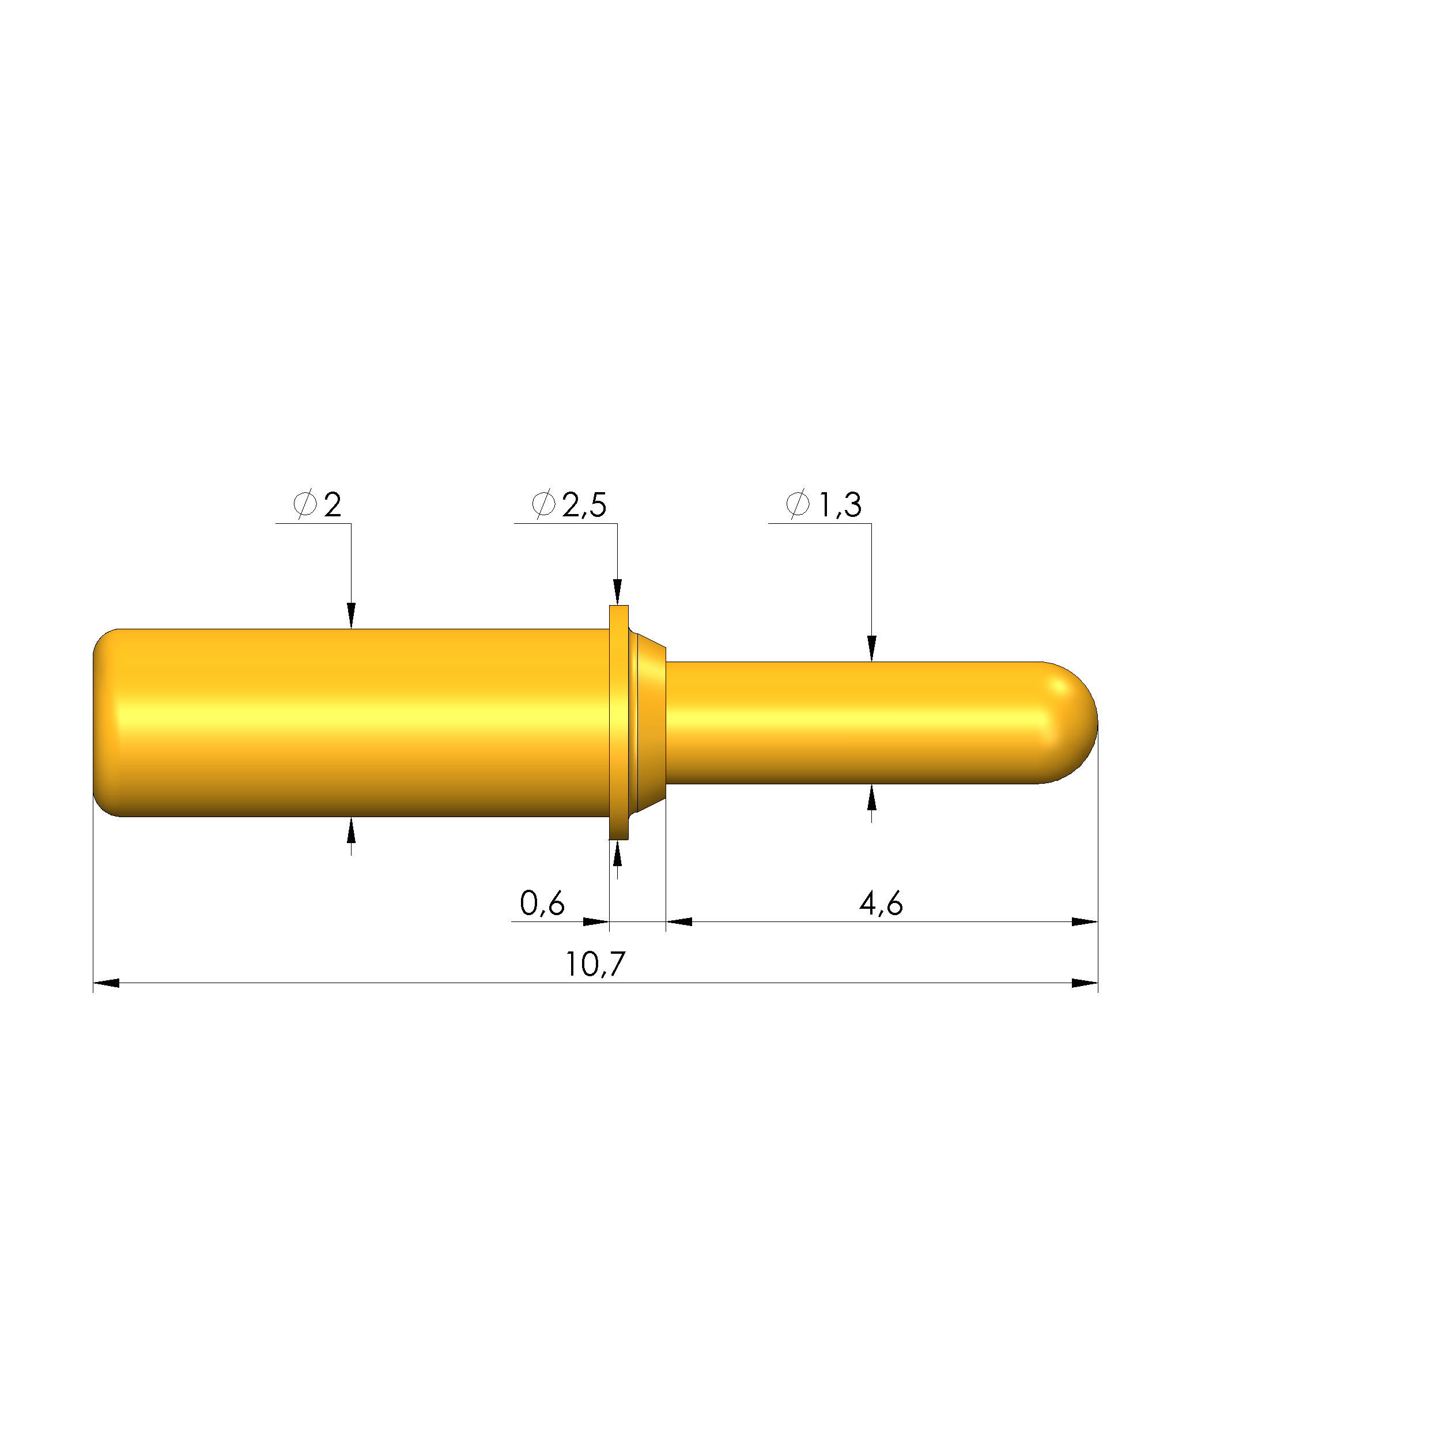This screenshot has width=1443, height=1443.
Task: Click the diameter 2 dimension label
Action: click(318, 505)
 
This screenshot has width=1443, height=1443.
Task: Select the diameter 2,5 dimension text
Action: click(569, 505)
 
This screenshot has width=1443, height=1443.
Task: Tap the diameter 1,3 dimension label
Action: click(824, 505)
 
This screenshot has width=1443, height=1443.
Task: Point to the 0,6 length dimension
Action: click(542, 904)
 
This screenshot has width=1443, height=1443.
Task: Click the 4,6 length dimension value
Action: click(881, 904)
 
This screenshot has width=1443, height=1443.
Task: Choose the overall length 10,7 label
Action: click(595, 964)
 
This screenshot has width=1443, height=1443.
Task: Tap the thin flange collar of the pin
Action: click(618, 723)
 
